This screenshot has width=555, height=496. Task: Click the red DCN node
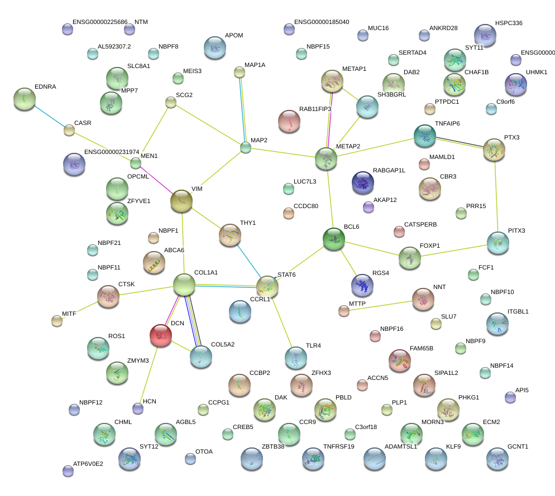pos(161,335)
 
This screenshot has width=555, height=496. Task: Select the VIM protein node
pos(181,201)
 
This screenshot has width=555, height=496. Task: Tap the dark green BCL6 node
pos(334,239)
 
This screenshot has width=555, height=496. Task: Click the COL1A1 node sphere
pos(184,285)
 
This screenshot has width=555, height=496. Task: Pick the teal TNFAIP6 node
pos(424,136)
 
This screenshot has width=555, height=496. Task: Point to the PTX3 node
pos(494,150)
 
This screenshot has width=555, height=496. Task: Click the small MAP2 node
pos(246,147)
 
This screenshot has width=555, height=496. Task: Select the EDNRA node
pos(24,99)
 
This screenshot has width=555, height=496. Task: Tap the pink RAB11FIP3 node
pos(289,121)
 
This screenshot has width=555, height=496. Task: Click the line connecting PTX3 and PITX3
pos(496,195)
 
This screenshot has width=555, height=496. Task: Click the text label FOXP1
pos(430,245)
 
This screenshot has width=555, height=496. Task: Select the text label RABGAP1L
pos(389,170)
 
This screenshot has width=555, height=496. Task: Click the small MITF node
pos(57,320)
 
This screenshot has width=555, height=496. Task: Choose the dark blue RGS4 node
pos(362,285)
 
